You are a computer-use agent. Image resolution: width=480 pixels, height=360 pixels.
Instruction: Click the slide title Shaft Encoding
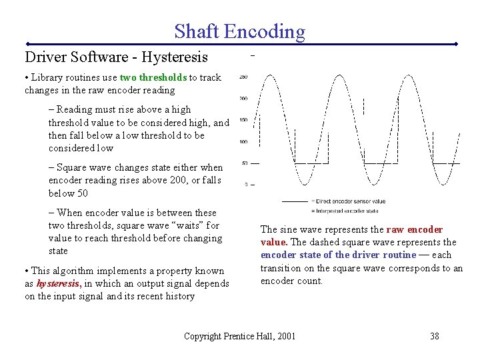pos(239,31)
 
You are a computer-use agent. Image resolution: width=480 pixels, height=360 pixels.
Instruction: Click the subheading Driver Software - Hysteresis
pos(116,57)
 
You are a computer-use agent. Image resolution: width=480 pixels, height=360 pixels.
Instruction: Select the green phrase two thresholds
pos(153,77)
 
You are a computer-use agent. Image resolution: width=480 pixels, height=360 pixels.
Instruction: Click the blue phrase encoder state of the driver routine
pos(338,255)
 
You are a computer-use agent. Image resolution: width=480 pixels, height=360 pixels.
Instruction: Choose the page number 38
pos(434,336)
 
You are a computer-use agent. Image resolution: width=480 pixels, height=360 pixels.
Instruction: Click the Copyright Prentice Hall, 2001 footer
pos(239,336)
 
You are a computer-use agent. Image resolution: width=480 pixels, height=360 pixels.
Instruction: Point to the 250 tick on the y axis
pos(243,77)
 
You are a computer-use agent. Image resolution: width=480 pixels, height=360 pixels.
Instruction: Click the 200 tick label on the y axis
pos(243,99)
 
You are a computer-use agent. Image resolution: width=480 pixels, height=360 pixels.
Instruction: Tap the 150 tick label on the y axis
pos(243,120)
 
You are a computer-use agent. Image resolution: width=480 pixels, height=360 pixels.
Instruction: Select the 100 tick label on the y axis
pos(243,141)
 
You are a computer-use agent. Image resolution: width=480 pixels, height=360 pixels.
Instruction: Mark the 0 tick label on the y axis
pos(246,184)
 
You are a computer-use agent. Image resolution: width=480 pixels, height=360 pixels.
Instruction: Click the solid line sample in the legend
pos(295,201)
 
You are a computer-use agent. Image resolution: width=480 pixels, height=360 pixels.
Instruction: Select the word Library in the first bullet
pos(47,77)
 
